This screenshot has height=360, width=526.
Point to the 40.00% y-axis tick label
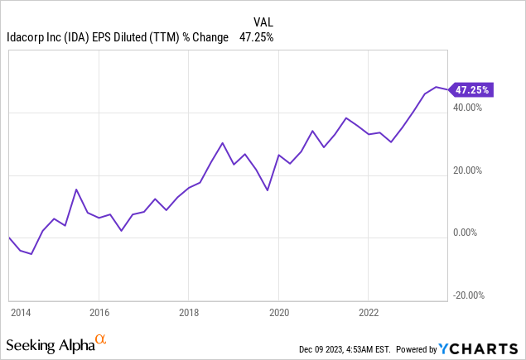[x=468, y=108]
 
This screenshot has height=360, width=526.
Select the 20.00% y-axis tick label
[x=468, y=170]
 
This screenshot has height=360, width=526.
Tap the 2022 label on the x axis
[x=369, y=313]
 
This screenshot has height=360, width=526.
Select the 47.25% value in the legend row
[x=256, y=37]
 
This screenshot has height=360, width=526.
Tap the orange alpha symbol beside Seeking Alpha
[x=100, y=339]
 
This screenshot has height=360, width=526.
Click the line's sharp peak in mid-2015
[x=76, y=190]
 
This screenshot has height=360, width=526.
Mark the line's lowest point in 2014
[x=31, y=254]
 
